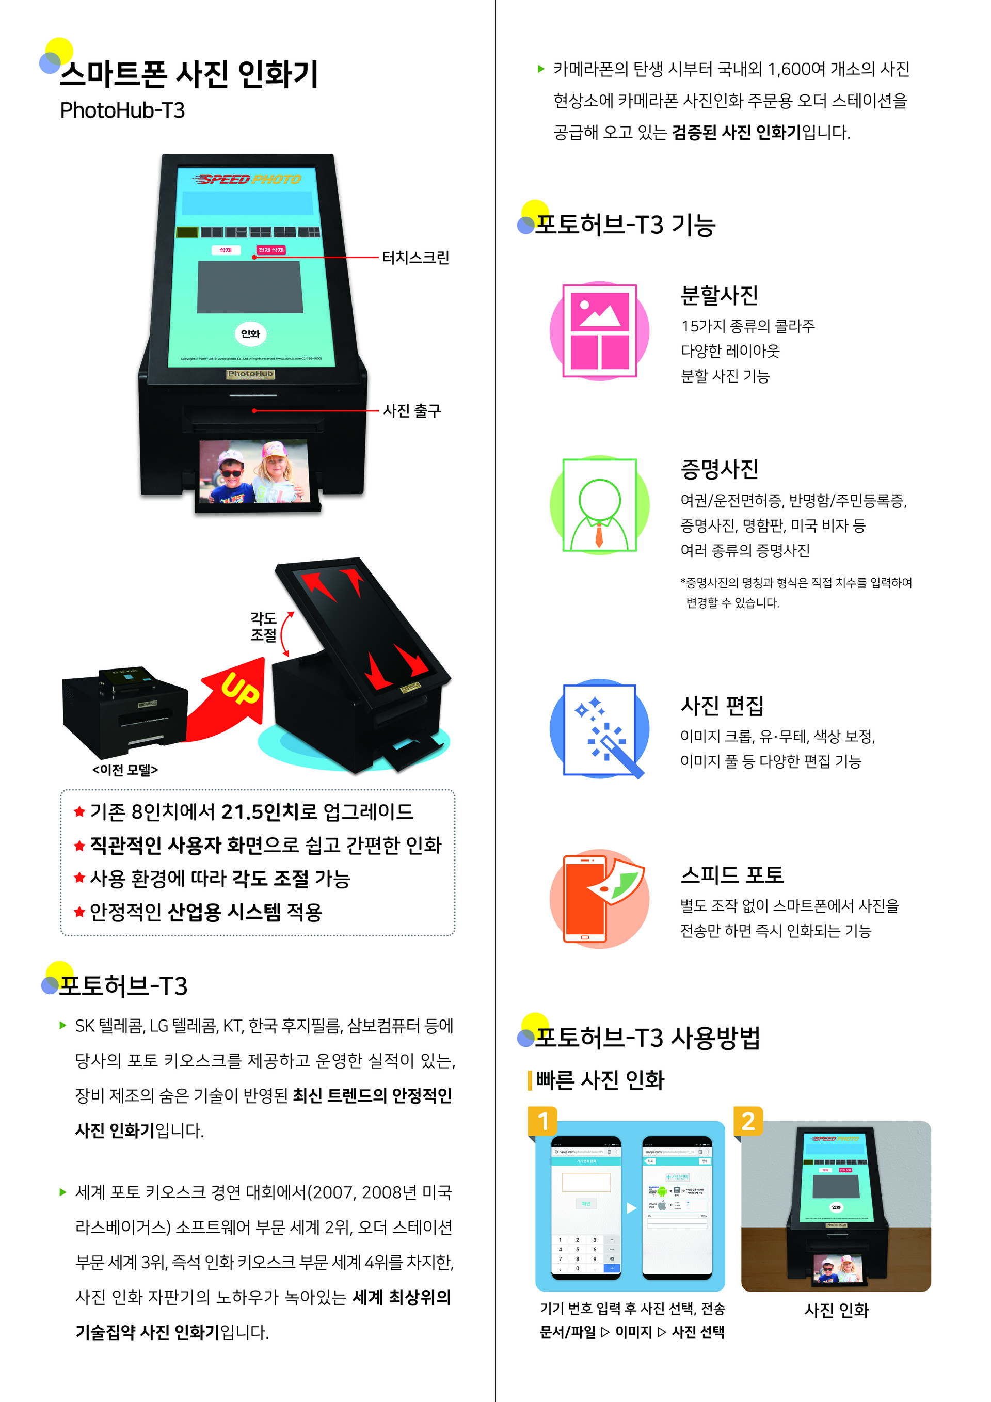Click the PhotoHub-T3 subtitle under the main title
click(122, 110)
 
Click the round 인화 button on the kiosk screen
click(250, 333)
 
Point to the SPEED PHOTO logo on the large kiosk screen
click(247, 179)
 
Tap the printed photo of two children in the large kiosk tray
click(254, 471)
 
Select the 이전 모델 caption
click(125, 769)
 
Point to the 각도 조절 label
click(263, 627)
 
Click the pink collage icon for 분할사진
click(599, 330)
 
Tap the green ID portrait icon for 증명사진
click(599, 505)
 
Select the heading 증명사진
click(720, 469)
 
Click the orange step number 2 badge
click(748, 1121)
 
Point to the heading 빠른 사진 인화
click(600, 1079)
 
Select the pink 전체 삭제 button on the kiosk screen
click(271, 250)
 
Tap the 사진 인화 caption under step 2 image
click(836, 1310)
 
